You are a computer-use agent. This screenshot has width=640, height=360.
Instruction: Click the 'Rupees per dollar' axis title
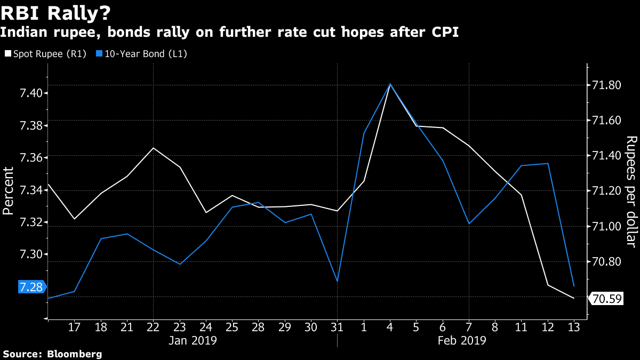coord(631,191)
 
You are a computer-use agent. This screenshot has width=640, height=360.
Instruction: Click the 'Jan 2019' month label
coord(193,340)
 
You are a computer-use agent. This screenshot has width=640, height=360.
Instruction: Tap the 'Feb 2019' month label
coord(462,340)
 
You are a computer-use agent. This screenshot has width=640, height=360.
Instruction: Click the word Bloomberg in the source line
coord(75,354)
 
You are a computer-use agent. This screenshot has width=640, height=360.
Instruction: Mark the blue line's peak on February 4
coord(390,84)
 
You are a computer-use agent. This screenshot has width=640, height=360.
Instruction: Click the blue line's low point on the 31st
coord(337,281)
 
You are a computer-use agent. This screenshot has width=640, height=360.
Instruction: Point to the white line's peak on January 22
coord(154,148)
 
